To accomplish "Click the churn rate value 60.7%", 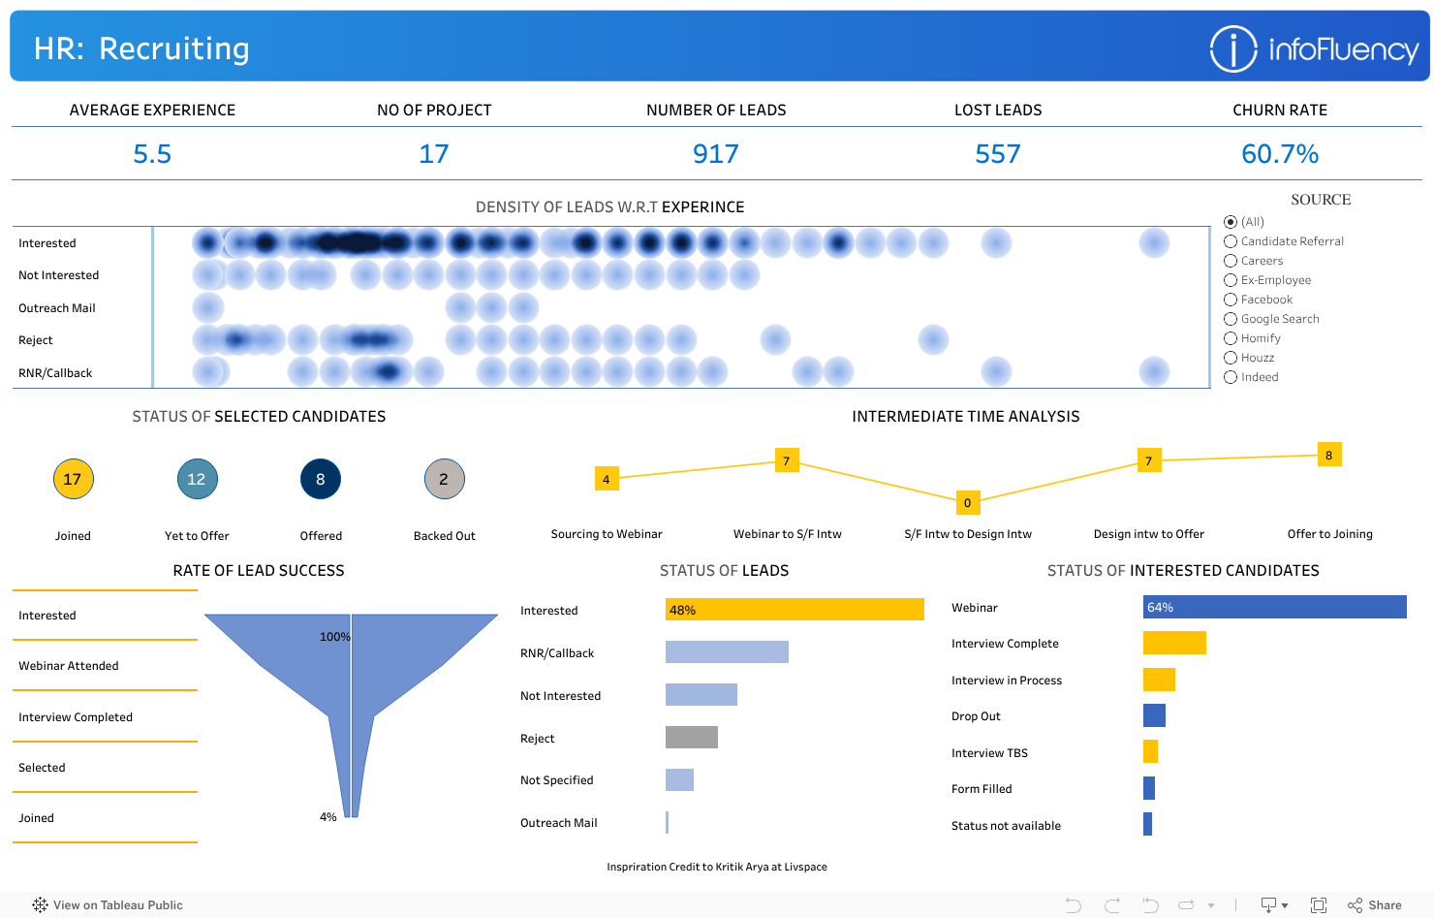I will [x=1279, y=154].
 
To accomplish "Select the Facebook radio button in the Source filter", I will [x=1231, y=300].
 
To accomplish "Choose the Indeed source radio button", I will [x=1231, y=377].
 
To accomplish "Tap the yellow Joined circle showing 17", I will [x=73, y=479].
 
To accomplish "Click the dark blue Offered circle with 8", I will [x=321, y=479].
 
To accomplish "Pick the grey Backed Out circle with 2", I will [x=445, y=479].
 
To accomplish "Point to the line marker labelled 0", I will [x=967, y=502].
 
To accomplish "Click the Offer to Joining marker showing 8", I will [x=1328, y=455].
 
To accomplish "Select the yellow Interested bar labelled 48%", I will [x=795, y=610].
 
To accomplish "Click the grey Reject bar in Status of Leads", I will [x=692, y=738].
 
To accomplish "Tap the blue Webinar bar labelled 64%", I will [x=1274, y=607].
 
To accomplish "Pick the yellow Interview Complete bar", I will [x=1174, y=643].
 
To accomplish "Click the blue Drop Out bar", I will [x=1154, y=715].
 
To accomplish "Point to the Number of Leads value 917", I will [x=716, y=154].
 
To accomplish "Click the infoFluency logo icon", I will [x=1232, y=48].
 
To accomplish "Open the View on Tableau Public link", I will [x=108, y=905].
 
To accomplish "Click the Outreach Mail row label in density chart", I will [x=57, y=308].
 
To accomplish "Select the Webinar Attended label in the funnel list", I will [x=69, y=666].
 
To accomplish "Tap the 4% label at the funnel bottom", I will [x=328, y=817].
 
